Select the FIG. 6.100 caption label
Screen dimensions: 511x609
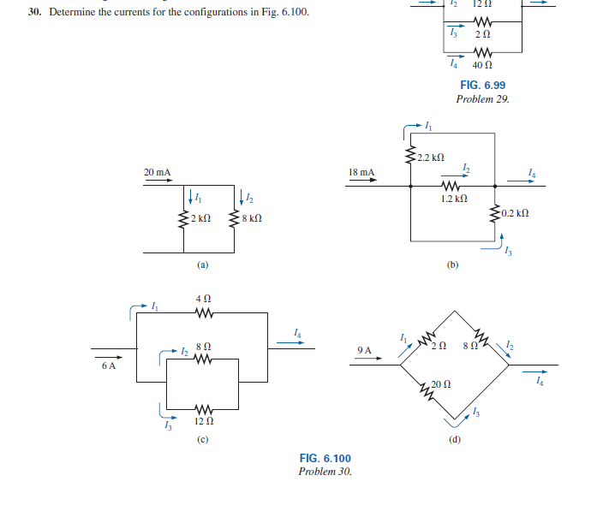point(325,459)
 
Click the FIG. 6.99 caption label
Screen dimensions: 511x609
point(482,86)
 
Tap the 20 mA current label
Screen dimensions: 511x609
point(157,172)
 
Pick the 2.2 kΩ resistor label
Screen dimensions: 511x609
point(432,157)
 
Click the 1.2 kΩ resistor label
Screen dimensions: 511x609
point(453,199)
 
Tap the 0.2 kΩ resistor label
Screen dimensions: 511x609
point(516,212)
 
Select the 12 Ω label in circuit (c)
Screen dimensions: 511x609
point(204,421)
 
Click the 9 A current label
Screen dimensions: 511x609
point(365,350)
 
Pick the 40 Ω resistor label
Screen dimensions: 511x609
point(482,65)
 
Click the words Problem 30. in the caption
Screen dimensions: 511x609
point(325,472)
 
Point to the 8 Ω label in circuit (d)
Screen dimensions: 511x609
point(467,345)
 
